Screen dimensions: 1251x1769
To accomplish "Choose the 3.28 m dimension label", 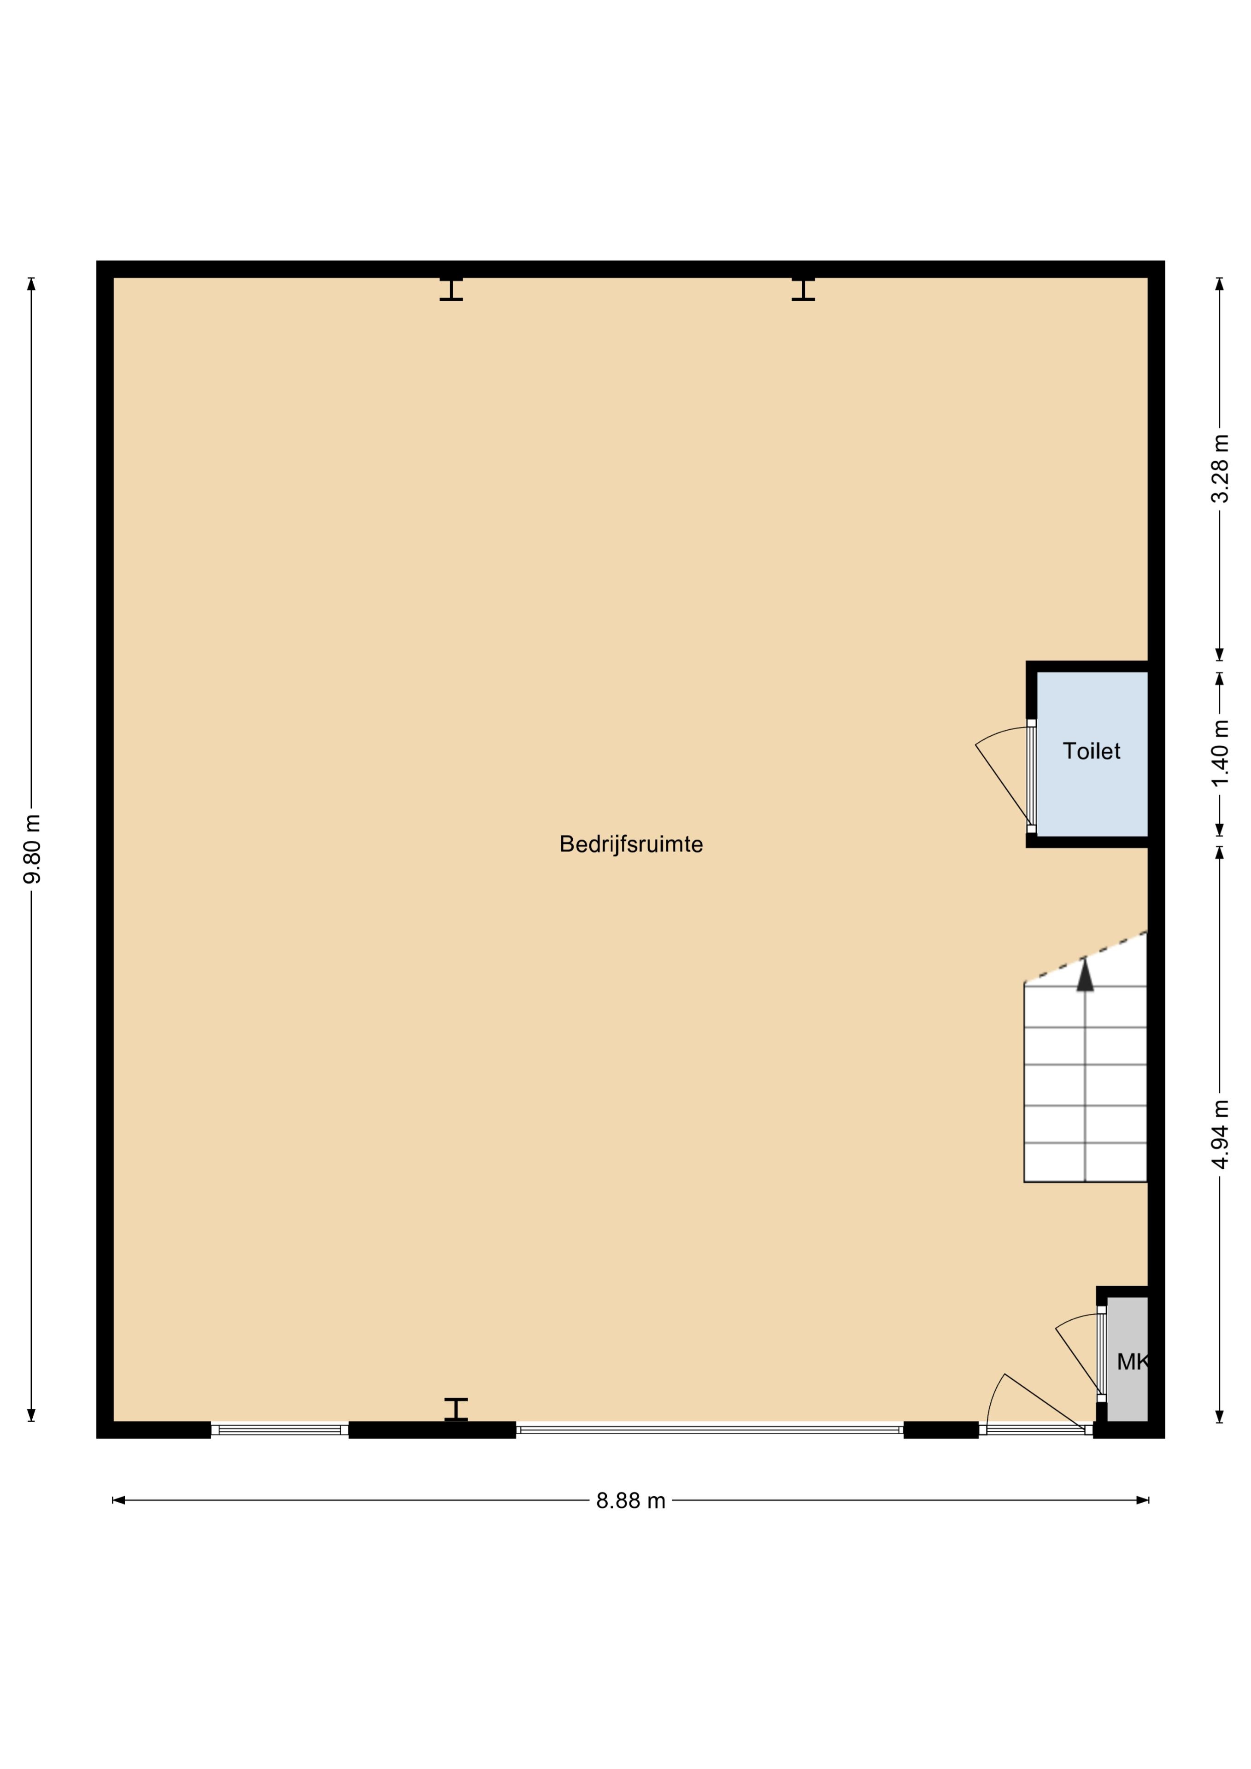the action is (x=1219, y=469).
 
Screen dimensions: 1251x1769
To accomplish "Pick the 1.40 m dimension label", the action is (x=1219, y=754).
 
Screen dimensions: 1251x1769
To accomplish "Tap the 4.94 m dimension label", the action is (x=1219, y=1134).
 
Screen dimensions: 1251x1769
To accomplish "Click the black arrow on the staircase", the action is (x=1085, y=975).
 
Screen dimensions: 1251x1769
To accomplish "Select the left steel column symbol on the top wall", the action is (x=451, y=288).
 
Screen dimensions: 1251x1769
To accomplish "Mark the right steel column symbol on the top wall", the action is (x=803, y=288).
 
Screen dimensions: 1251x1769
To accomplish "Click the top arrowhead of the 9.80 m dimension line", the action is (x=32, y=283).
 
